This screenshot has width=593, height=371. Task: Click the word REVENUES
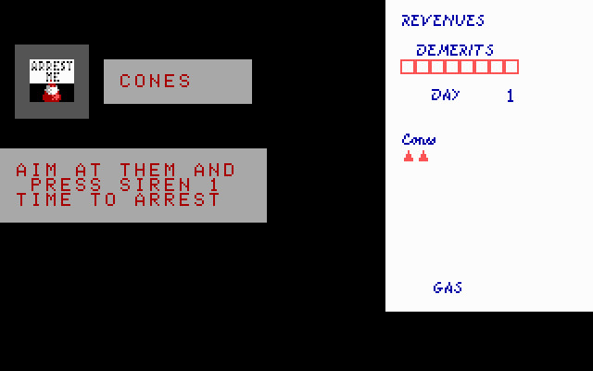pyautogui.click(x=442, y=20)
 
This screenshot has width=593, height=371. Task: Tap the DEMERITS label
pyautogui.click(x=454, y=50)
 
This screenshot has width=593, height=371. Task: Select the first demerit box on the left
pyautogui.click(x=408, y=67)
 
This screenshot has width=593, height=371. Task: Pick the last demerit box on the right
pyautogui.click(x=511, y=67)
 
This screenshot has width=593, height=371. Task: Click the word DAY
pyautogui.click(x=445, y=95)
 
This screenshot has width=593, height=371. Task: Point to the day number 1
pyautogui.click(x=510, y=96)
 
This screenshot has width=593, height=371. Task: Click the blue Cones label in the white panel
pyautogui.click(x=419, y=140)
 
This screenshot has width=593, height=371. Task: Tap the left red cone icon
pyautogui.click(x=409, y=156)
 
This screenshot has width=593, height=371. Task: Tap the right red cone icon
pyautogui.click(x=423, y=156)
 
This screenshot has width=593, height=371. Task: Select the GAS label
pyautogui.click(x=448, y=288)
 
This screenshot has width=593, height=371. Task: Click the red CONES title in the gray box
pyautogui.click(x=156, y=82)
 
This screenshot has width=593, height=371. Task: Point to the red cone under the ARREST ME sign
pyautogui.click(x=52, y=94)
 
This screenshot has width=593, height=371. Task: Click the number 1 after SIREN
pyautogui.click(x=215, y=185)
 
